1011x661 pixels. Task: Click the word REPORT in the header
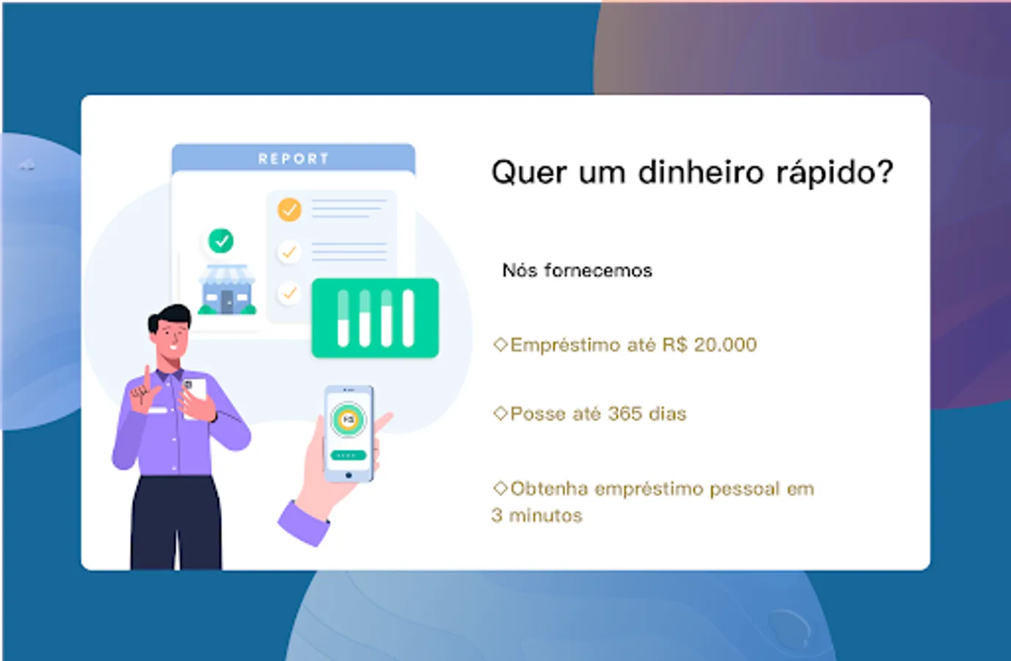[293, 159]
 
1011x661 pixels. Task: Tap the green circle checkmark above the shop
[220, 241]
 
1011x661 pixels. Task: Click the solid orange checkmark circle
[289, 209]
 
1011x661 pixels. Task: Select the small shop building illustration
[228, 289]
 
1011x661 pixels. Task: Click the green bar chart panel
[375, 318]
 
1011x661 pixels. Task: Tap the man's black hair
[170, 316]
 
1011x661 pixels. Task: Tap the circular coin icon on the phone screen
[348, 419]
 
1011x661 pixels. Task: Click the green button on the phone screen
[348, 455]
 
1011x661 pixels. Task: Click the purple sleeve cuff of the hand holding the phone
[303, 524]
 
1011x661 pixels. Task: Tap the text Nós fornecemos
[578, 271]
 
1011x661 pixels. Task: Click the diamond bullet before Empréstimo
[500, 344]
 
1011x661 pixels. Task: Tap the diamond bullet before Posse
[500, 413]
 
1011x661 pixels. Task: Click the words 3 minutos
[536, 516]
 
